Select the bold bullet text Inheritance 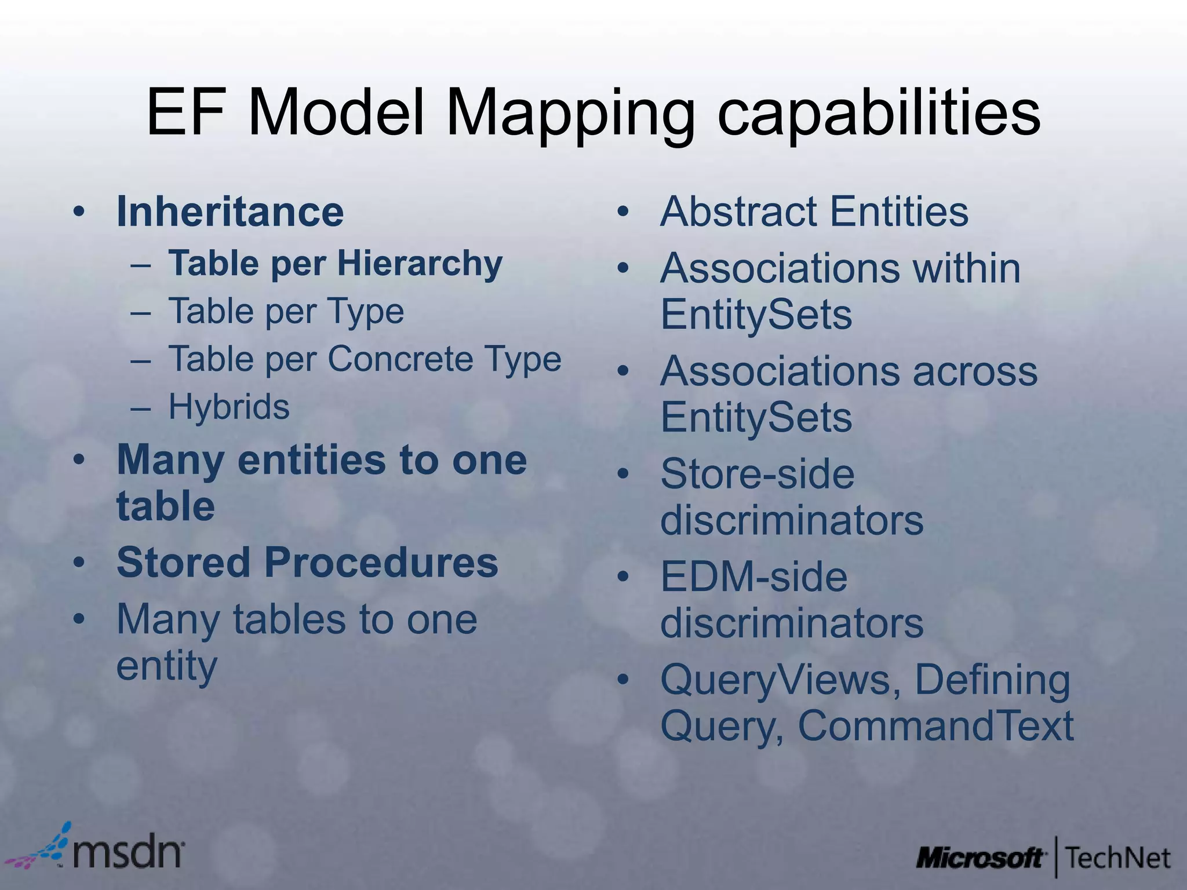230,211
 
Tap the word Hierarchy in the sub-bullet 420,264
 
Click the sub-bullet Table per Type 286,312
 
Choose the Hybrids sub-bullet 229,407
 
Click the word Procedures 381,563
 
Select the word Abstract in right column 740,211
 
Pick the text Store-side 757,474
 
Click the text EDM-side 753,577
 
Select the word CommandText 935,725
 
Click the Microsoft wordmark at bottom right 980,858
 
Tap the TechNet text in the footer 1117,858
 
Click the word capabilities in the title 879,113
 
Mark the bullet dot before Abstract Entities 623,211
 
